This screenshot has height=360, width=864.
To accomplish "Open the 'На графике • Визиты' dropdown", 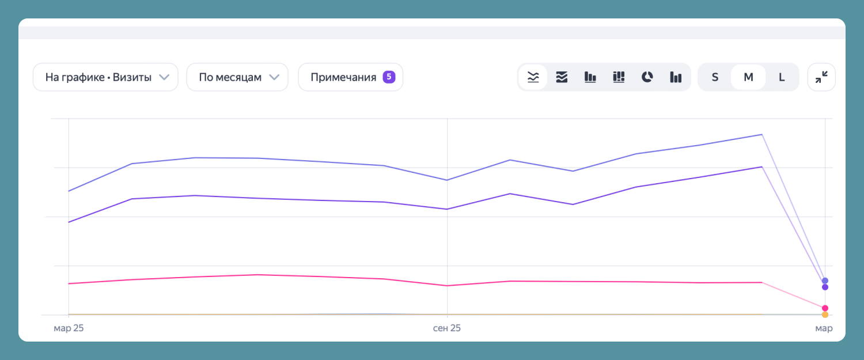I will tap(105, 77).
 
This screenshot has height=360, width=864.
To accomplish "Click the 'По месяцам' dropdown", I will tap(237, 77).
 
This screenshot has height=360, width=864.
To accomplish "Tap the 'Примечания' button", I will tap(350, 77).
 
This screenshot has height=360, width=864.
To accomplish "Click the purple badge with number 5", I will tap(389, 77).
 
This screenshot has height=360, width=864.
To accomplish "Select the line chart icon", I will tap(533, 77).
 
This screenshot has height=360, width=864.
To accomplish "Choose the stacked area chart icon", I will tap(562, 77).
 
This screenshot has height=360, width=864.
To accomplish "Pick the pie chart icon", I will tap(647, 77).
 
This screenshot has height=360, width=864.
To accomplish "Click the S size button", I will tap(715, 77).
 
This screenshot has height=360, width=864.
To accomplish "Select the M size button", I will tap(748, 77).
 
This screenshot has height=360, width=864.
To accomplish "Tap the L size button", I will tap(782, 77).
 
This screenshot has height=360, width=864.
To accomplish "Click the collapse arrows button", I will tap(821, 77).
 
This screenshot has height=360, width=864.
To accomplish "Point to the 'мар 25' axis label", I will tap(69, 328).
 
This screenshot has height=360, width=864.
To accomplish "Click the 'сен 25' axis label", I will tap(447, 328).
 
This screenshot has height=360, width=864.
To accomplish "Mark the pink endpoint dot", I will tap(825, 308).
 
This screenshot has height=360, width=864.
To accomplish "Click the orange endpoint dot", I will tap(825, 314).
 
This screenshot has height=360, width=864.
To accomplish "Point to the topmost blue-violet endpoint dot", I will tap(825, 281).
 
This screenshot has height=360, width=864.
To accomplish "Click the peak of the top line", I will tap(762, 134).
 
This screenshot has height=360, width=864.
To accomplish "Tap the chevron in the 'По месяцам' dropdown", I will tap(275, 77).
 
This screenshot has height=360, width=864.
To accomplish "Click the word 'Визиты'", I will tap(133, 77).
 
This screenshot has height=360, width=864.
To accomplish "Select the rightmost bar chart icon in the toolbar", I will tap(676, 77).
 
